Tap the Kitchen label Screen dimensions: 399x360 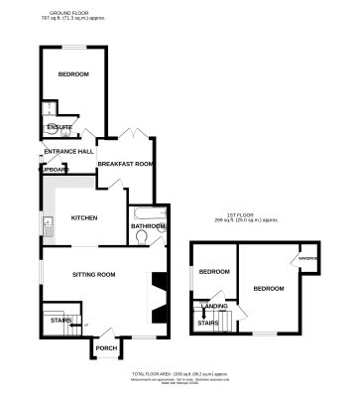83,217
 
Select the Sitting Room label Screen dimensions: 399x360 93,274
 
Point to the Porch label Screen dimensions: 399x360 105,348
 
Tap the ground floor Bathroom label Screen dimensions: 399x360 147,226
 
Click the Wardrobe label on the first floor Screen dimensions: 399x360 306,260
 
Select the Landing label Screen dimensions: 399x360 213,306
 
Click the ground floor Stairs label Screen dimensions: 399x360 59,320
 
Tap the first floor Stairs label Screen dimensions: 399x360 208,324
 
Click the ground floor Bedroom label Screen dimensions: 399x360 73,75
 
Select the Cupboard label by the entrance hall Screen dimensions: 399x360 52,170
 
